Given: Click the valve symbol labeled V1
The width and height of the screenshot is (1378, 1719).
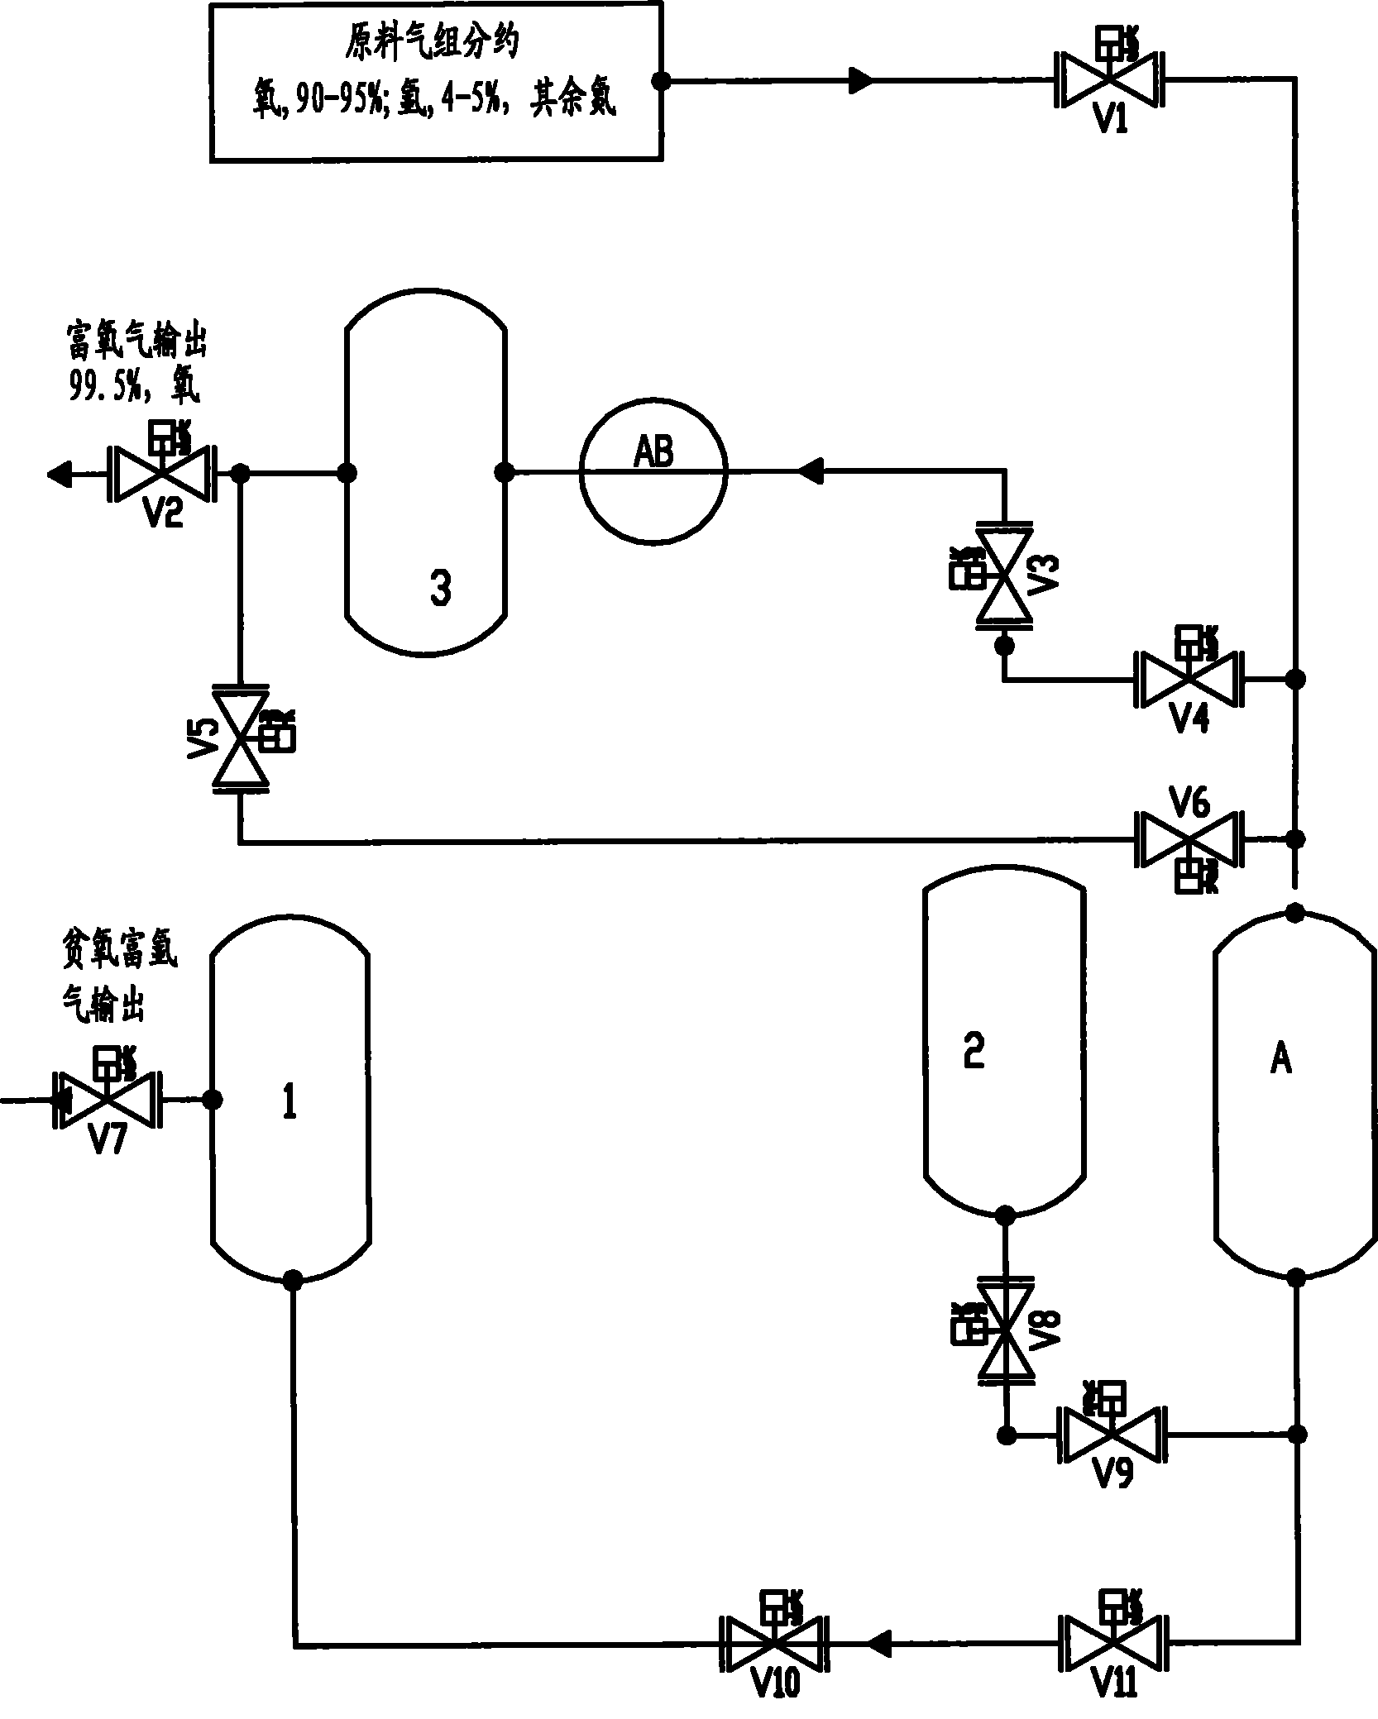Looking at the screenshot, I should click(1108, 80).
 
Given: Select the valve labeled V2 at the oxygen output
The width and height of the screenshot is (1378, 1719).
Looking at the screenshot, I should click(162, 475).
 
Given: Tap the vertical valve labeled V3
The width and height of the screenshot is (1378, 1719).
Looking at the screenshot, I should click(1003, 575).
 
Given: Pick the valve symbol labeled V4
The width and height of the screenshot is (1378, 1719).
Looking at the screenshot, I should click(1189, 680).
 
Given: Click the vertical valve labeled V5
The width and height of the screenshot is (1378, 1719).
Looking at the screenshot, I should click(239, 738).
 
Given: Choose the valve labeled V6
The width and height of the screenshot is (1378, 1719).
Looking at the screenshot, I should click(1189, 840).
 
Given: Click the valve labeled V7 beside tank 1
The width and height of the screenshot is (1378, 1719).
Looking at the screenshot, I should click(108, 1100).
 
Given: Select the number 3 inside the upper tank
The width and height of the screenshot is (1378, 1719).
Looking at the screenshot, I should click(440, 589).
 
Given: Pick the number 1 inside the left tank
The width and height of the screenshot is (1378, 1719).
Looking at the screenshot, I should click(289, 1102).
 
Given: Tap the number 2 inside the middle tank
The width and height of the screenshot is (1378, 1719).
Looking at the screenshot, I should click(974, 1052).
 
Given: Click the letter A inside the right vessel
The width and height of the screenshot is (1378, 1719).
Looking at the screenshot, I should click(1280, 1058).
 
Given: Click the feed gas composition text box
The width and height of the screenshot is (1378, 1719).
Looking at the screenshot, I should click(436, 80).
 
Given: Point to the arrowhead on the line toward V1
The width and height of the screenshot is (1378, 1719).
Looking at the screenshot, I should click(860, 80).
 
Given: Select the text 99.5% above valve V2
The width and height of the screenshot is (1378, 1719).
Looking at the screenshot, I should click(104, 387).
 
